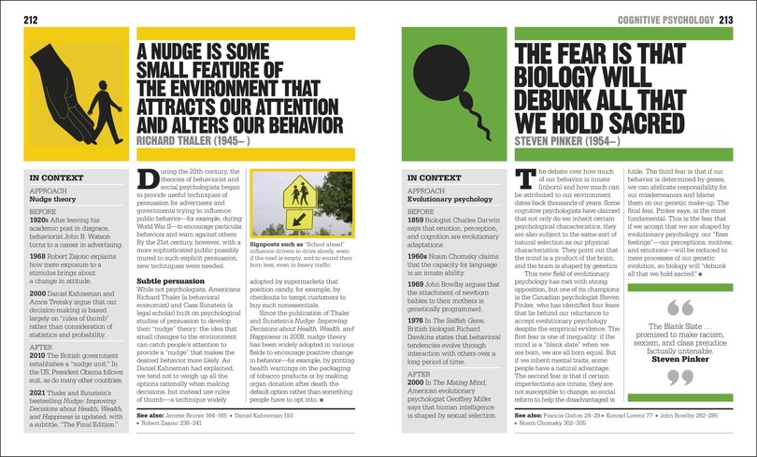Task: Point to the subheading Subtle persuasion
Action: (169, 279)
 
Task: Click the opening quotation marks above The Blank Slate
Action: (680, 307)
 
